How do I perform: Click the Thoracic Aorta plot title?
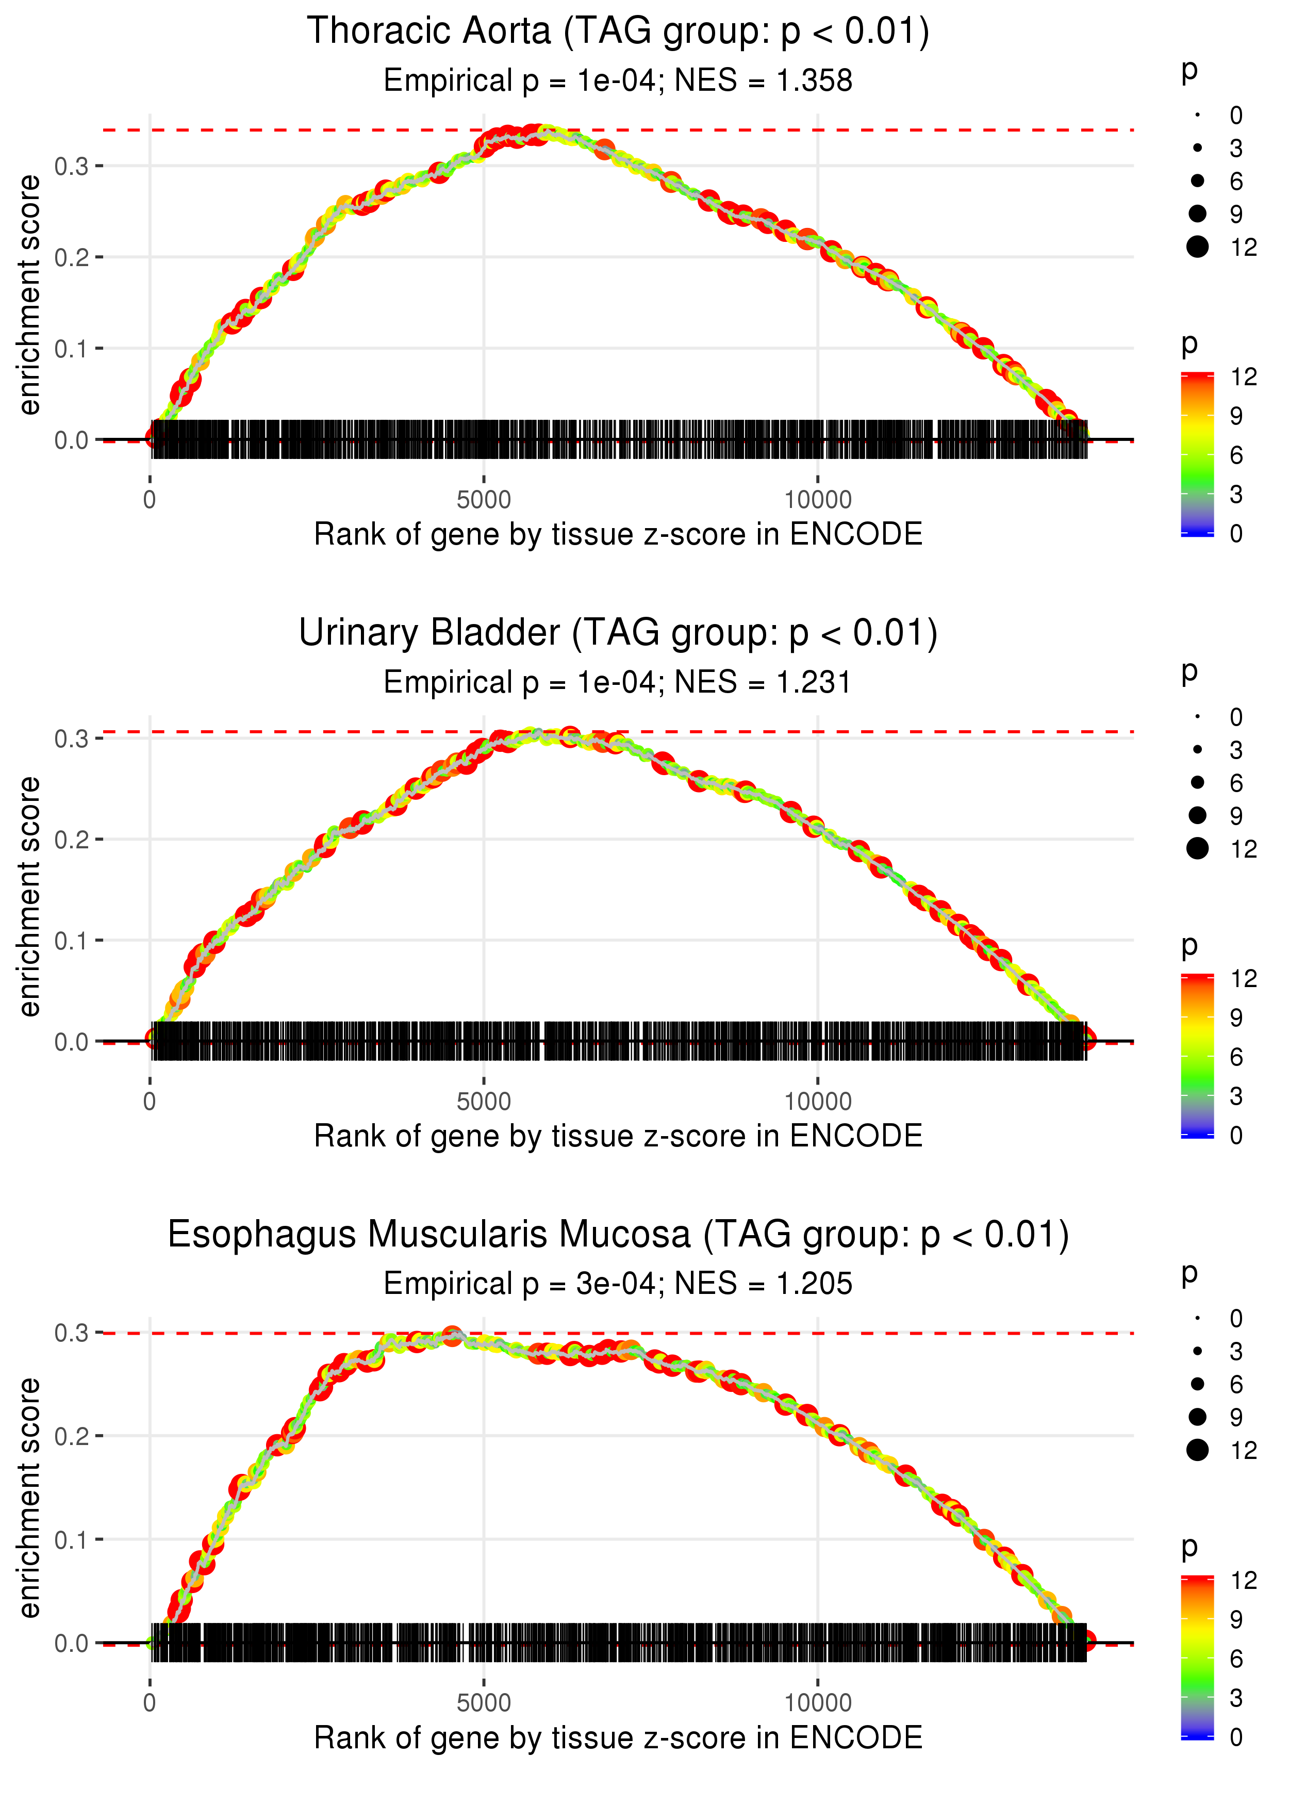(x=618, y=32)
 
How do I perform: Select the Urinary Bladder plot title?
(x=618, y=633)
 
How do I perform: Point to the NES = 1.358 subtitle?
(x=764, y=81)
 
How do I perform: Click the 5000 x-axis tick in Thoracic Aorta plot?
(x=484, y=500)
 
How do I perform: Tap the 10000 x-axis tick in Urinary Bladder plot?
(x=818, y=1102)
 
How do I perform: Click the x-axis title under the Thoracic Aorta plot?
(x=618, y=534)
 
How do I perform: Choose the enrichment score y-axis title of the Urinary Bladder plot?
(x=29, y=896)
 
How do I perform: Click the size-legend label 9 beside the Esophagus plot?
(x=1236, y=1417)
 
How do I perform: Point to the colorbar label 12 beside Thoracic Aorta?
(x=1244, y=377)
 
